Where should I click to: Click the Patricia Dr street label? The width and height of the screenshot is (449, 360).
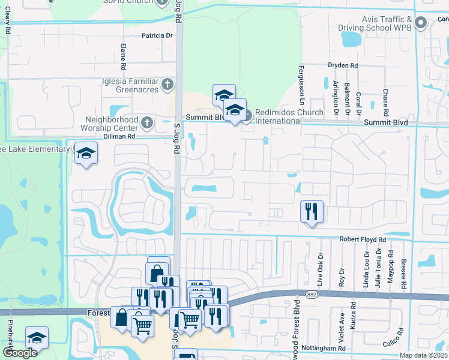(x=157, y=35)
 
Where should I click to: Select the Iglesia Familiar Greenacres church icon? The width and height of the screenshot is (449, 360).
(x=167, y=85)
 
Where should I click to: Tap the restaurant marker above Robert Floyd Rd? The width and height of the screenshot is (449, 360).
(x=312, y=211)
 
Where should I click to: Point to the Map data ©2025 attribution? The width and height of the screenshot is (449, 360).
(x=423, y=355)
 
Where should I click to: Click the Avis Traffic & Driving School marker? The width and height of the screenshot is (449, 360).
(x=421, y=23)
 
